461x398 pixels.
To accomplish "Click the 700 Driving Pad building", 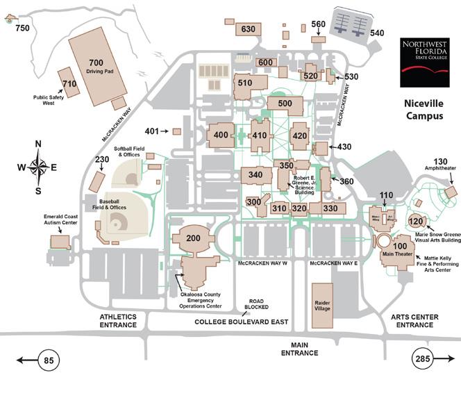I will pyautogui.click(x=97, y=67).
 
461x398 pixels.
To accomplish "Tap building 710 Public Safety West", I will pyautogui.click(x=68, y=83).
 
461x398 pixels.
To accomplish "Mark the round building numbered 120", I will pyautogui.click(x=416, y=222).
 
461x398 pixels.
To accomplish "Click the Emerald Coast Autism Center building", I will pyautogui.click(x=60, y=242).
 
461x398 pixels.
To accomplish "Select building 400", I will pyautogui.click(x=222, y=135).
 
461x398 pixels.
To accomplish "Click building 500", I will pyautogui.click(x=285, y=104).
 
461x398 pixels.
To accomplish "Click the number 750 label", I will pyautogui.click(x=23, y=28).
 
